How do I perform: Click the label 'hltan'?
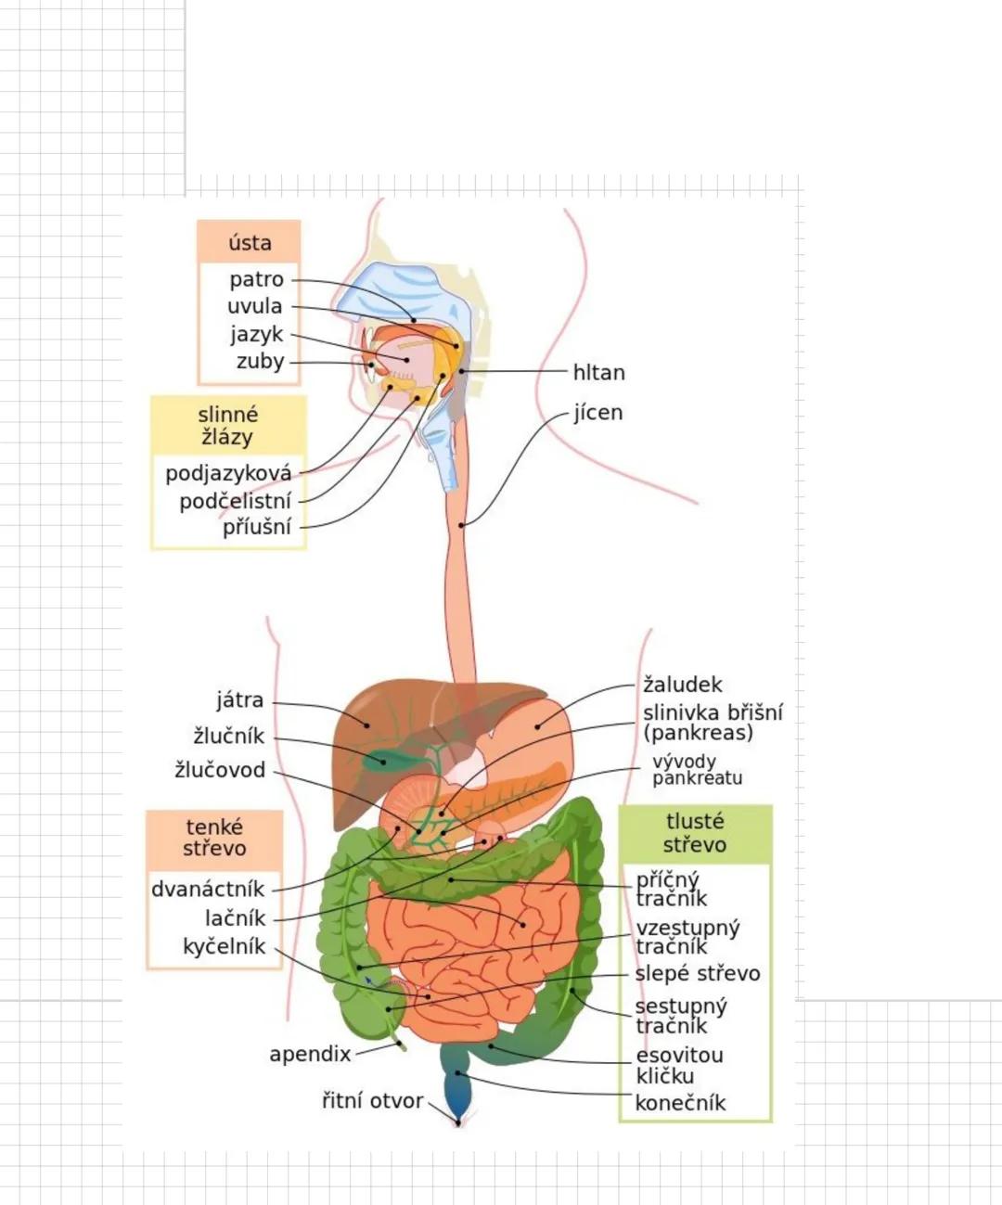[x=598, y=372]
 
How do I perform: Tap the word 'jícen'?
[x=597, y=412]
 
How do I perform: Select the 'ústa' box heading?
[x=250, y=243]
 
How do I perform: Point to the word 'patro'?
[x=256, y=279]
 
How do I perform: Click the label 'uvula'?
[x=254, y=306]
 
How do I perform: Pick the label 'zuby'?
[x=260, y=361]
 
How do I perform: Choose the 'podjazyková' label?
[x=228, y=473]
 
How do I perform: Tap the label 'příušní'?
[x=257, y=527]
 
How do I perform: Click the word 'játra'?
[x=239, y=700]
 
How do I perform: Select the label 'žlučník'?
[x=229, y=737]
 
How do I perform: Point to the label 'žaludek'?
[x=682, y=685]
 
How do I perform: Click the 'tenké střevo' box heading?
[x=214, y=837]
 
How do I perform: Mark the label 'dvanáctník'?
[x=208, y=889]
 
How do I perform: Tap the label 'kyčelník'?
[x=224, y=946]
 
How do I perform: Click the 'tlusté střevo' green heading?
[x=695, y=833]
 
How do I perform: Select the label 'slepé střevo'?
[x=697, y=973]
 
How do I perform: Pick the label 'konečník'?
[x=679, y=1103]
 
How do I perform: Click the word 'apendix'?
[x=310, y=1054]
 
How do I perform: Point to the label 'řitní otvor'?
[x=372, y=1100]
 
